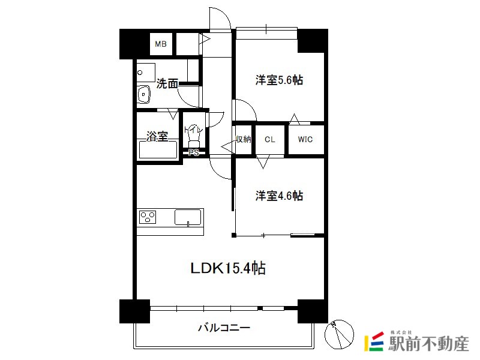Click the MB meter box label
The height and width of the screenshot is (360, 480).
[160, 44]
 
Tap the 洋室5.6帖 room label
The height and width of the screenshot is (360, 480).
[279, 80]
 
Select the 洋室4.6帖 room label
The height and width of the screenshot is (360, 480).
[279, 196]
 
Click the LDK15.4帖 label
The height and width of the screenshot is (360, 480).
[228, 268]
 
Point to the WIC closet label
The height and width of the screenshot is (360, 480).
[305, 140]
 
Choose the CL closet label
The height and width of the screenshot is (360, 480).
[269, 140]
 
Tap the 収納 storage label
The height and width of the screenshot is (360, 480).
[244, 139]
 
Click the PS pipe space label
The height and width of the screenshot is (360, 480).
[193, 152]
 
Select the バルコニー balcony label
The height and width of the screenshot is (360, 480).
[224, 328]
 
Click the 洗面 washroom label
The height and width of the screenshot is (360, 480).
[167, 83]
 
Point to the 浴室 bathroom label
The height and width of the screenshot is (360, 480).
[157, 136]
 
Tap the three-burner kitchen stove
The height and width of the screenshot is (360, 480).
[148, 217]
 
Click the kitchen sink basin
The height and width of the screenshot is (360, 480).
[188, 217]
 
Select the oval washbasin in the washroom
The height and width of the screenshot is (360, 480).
[143, 94]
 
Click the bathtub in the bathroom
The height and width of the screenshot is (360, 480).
[158, 149]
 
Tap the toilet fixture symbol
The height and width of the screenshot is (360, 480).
[193, 137]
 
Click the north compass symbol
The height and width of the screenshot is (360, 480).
[339, 334]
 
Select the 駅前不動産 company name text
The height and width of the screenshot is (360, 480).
[428, 343]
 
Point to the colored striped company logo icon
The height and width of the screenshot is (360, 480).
[374, 341]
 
